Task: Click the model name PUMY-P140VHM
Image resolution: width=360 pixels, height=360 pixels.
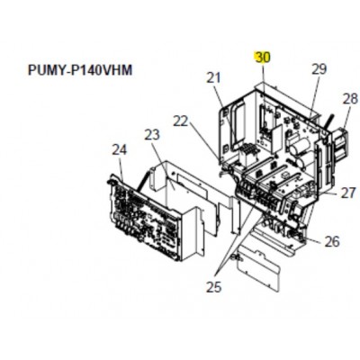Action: (80, 70)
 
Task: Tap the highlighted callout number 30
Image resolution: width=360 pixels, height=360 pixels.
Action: (262, 58)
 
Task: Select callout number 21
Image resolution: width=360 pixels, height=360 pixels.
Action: (213, 78)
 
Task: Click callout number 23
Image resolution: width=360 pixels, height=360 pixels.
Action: (152, 136)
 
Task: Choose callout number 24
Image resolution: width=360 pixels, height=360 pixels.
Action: (120, 150)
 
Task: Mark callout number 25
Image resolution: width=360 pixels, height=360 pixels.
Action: (213, 287)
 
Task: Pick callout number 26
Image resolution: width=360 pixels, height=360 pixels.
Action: (332, 241)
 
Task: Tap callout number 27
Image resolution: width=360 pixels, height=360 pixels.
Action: (348, 193)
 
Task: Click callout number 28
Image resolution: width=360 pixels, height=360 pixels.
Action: (350, 99)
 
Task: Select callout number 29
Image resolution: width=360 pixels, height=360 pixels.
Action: (319, 69)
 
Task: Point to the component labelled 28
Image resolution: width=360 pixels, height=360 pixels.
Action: (339, 144)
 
